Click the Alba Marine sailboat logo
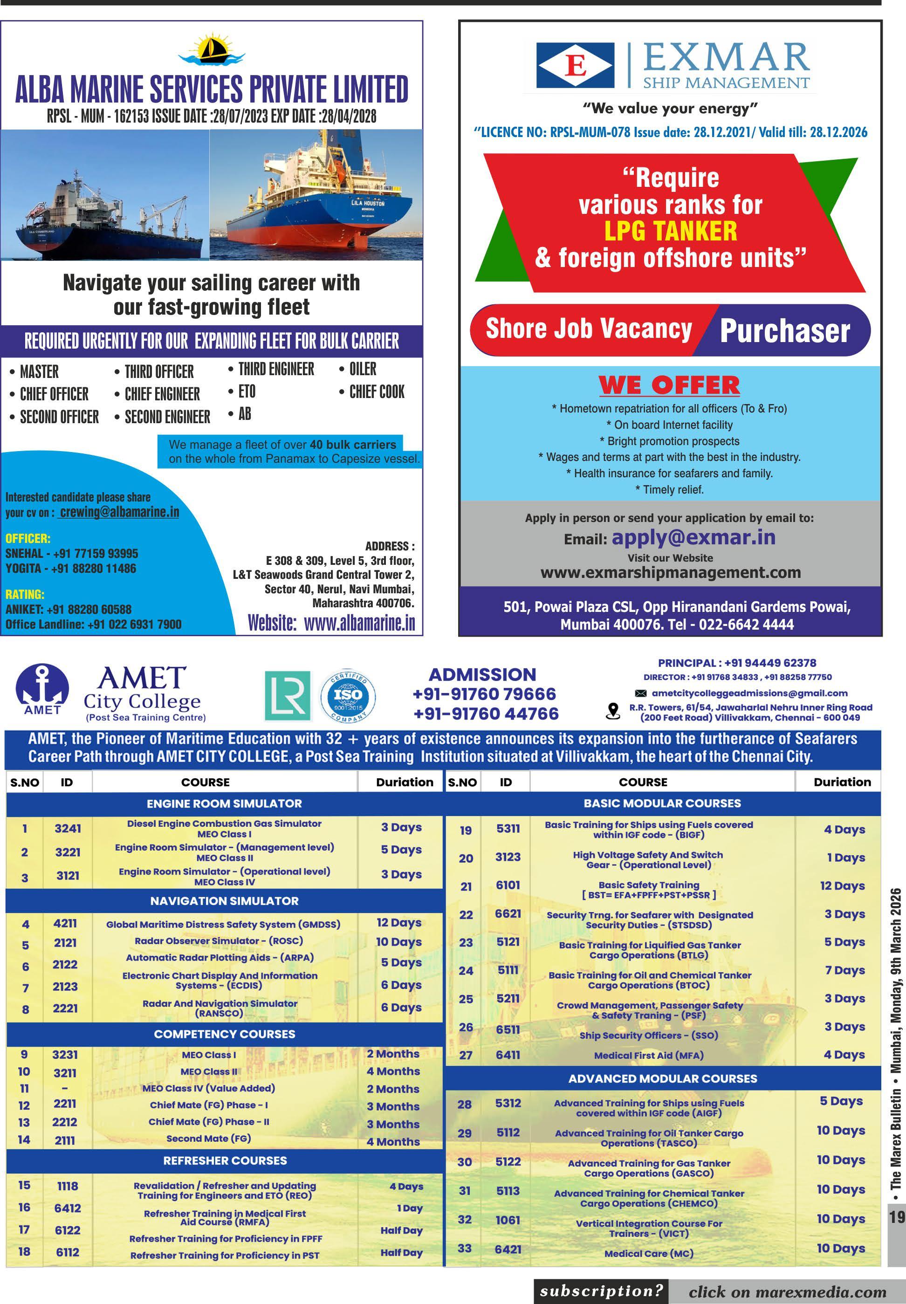211,50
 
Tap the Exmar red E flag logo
575,65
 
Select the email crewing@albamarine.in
119,512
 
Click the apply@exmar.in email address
693,537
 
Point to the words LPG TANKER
671,231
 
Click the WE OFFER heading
669,385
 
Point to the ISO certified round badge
347,695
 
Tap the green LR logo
288,695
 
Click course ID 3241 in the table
68,828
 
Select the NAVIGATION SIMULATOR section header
224,901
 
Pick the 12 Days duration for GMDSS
399,922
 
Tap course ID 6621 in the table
508,913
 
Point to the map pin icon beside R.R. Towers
613,711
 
